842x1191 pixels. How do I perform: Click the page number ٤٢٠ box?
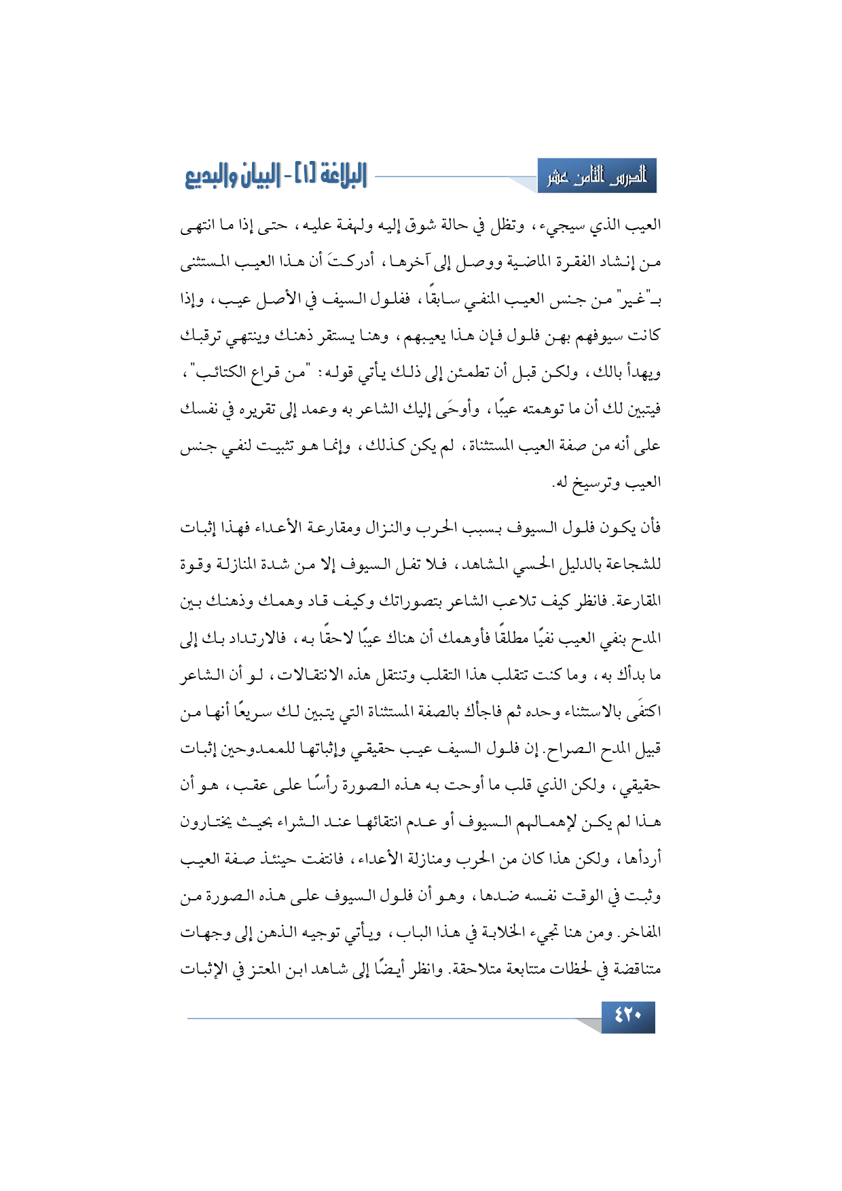pos(628,1016)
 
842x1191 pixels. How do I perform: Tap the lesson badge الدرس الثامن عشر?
pos(597,177)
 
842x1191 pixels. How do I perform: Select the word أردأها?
pos(638,859)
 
